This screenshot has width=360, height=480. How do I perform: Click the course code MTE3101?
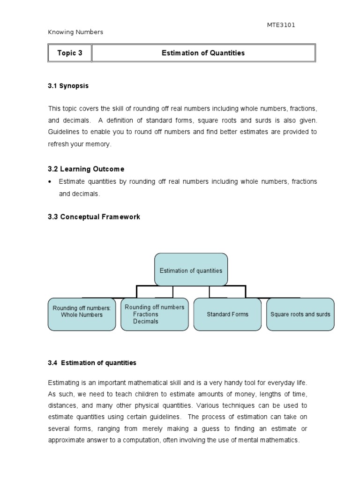click(281, 25)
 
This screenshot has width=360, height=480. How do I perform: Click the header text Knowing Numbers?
click(75, 32)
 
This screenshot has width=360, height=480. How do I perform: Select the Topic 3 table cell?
click(70, 53)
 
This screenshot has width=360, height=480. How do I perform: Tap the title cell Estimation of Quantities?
click(203, 53)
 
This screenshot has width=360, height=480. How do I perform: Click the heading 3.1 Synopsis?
click(68, 86)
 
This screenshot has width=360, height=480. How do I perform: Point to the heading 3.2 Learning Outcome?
click(86, 169)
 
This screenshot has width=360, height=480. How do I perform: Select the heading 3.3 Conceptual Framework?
click(94, 217)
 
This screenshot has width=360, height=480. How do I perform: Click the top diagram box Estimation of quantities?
click(191, 270)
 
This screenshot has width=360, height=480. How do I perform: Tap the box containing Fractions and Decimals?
click(154, 314)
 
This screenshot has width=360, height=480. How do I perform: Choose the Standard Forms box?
click(227, 314)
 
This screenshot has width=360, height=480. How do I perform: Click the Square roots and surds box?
click(300, 314)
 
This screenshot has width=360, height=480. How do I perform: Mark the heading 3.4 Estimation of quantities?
click(92, 363)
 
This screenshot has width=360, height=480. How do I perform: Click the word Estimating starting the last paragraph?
click(63, 383)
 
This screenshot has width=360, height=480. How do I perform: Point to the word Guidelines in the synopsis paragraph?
click(64, 132)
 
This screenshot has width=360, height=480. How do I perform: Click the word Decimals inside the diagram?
click(145, 322)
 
